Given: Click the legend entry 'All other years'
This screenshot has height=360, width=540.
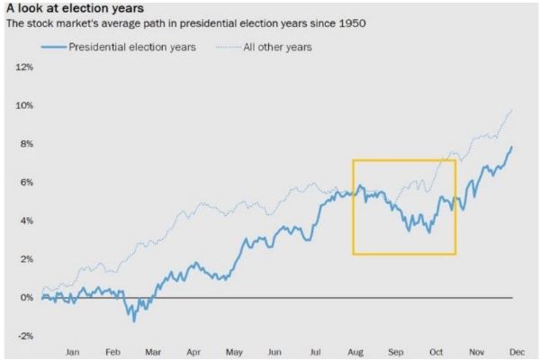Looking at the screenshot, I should pyautogui.click(x=278, y=47).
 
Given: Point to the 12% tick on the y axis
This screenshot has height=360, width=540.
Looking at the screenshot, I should pyautogui.click(x=24, y=67).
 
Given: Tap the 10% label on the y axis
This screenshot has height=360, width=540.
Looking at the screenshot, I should pyautogui.click(x=24, y=106).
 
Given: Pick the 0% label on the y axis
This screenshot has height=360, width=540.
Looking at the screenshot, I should pyautogui.click(x=27, y=297).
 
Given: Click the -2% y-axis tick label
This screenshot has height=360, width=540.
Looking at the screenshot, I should pyautogui.click(x=25, y=336).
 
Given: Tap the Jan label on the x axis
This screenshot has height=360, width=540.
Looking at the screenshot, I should pyautogui.click(x=74, y=352).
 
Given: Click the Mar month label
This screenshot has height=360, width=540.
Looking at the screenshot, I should pyautogui.click(x=153, y=352).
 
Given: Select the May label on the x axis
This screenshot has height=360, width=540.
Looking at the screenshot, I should pyautogui.click(x=234, y=352).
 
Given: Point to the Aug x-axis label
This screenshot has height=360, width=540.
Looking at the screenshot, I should pyautogui.click(x=355, y=352).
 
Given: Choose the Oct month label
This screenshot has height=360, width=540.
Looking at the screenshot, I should pyautogui.click(x=436, y=352).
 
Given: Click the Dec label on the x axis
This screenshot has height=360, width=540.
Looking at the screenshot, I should pyautogui.click(x=517, y=352).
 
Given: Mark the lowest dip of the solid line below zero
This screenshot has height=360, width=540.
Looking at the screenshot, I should pyautogui.click(x=134, y=320).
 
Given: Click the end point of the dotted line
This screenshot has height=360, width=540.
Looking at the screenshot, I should pyautogui.click(x=512, y=109).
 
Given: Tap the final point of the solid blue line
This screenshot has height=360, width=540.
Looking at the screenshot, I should pyautogui.click(x=512, y=147).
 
